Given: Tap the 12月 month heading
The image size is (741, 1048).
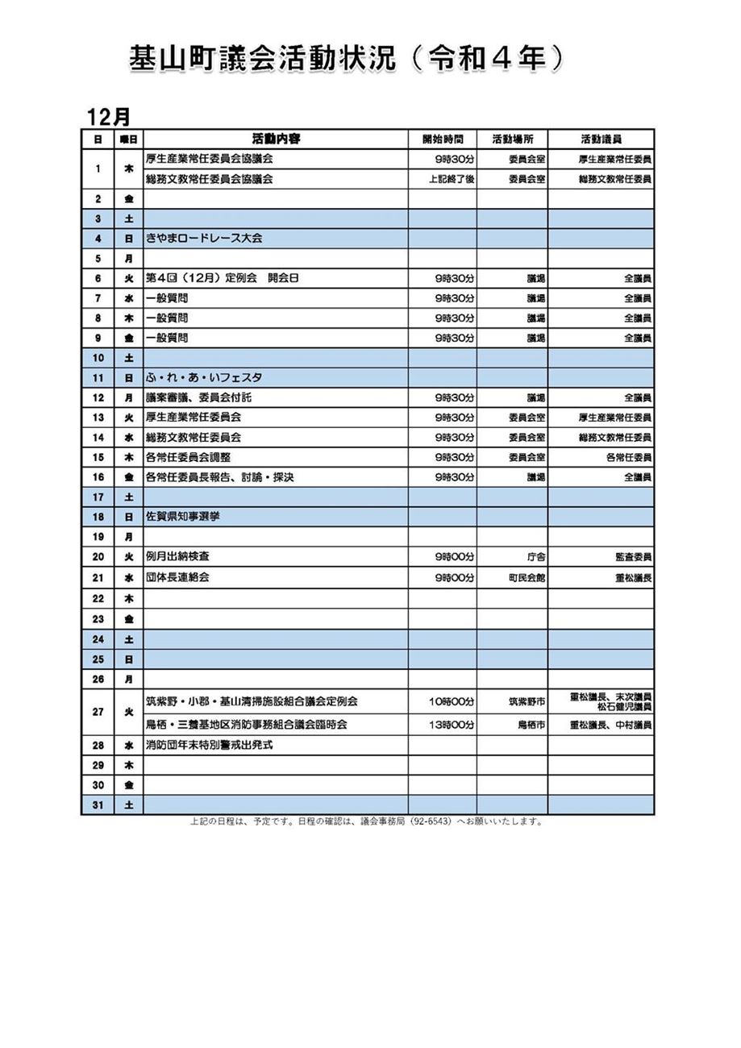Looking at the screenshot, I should point(109,117).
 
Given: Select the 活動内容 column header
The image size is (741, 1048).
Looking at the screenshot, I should point(276,139).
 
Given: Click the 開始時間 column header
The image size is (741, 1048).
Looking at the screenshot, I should point(442,139).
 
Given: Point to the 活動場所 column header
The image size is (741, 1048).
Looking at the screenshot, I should point(512,139).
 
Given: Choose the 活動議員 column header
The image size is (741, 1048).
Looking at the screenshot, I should point(601,139).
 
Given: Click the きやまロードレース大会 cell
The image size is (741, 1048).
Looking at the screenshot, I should point(204,239).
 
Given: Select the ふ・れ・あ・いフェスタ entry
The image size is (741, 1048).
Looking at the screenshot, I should point(204,377).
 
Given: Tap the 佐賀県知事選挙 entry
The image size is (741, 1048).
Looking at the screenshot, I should point(182,517).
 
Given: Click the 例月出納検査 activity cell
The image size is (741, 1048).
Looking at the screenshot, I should point(178,557).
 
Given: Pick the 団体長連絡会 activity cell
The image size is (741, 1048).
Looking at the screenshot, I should point(177,578).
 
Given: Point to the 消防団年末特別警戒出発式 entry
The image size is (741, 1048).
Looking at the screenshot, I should point(209,745).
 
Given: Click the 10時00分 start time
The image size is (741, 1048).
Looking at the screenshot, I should point(452,702).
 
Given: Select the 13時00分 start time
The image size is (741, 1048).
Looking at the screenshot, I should point(452,725).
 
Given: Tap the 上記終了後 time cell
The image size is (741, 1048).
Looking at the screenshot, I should point(452,179).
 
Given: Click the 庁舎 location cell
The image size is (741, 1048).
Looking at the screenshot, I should point(535,557).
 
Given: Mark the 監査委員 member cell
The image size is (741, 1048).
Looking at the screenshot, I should point(633,557).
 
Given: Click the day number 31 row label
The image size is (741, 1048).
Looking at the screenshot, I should point(98,805).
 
